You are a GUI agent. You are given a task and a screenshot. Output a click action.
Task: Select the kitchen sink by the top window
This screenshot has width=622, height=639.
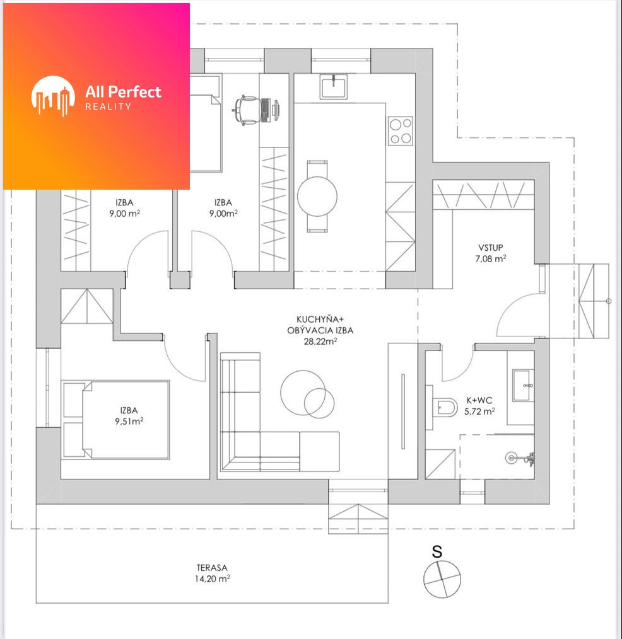point(334,86)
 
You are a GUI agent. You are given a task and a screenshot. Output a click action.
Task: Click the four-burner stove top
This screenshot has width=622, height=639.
point(401,131)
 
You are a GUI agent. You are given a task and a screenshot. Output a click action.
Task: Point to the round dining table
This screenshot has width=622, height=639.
point(317,196)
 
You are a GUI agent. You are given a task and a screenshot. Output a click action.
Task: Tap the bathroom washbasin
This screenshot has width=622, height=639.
point(524,385)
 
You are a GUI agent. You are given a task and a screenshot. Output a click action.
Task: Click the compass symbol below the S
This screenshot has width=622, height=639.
point(442,579)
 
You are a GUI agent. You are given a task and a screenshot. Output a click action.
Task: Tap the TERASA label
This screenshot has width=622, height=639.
point(212,567)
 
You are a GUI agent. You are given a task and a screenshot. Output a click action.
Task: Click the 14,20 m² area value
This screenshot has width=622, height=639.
point(212,579)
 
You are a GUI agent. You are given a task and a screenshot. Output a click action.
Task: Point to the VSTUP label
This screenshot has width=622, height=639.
point(490,248)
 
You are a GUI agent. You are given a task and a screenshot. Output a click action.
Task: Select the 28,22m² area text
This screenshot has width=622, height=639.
point(320,342)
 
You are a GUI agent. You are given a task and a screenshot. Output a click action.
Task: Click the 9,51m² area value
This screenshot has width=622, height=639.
point(129,421)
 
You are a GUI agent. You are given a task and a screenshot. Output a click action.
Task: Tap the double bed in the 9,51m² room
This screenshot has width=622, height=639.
point(116,420)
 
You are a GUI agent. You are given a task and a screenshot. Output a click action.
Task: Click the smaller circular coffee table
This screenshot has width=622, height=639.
point(319,403)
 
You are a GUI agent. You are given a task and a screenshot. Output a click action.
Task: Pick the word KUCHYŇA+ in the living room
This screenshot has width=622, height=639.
point(320,319)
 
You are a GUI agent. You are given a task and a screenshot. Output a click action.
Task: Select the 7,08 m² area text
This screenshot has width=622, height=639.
point(491,258)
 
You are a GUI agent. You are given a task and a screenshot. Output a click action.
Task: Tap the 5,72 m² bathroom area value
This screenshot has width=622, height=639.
point(479,412)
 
